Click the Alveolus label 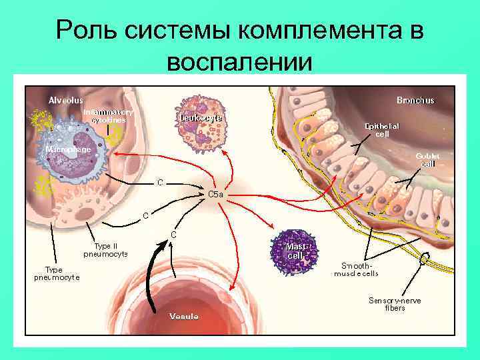pos(65,100)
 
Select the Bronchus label pos(415,100)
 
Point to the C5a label pos(216,194)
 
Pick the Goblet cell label pos(427,160)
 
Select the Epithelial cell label pos(382,129)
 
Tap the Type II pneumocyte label pos(105,249)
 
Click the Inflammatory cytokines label pos(108,116)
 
